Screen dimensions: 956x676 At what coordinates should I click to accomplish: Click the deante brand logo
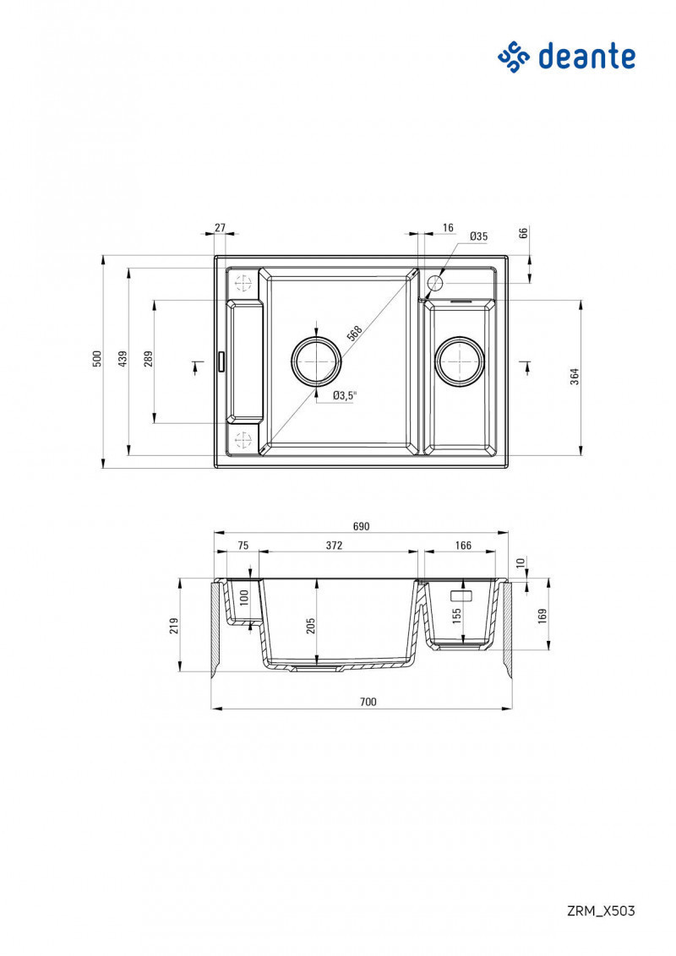566,57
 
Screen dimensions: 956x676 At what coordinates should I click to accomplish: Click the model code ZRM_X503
600,910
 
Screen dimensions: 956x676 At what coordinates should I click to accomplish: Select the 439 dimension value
123,359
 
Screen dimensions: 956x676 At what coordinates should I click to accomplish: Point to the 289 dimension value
149,359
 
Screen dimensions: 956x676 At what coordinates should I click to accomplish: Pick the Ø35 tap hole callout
478,236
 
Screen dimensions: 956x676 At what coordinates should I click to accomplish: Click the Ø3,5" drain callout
345,394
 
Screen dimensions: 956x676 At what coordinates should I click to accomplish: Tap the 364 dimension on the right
575,376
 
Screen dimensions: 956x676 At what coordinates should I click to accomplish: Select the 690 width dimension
361,526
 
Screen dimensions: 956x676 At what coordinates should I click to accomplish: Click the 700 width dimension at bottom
368,701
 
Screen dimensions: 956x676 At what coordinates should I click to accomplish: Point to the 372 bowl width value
335,546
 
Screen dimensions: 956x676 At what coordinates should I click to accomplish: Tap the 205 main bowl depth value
311,625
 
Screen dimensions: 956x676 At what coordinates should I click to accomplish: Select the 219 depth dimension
174,625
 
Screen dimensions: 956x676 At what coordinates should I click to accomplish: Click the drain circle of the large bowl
317,361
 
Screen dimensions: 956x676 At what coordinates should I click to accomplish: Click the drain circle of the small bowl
460,361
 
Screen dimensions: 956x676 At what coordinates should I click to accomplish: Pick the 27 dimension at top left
220,227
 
